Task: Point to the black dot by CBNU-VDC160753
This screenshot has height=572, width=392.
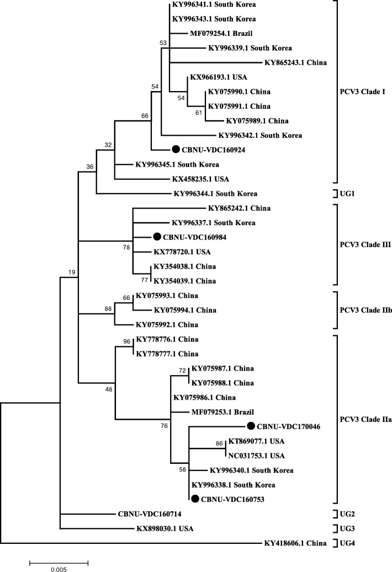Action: pyautogui.click(x=195, y=499)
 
